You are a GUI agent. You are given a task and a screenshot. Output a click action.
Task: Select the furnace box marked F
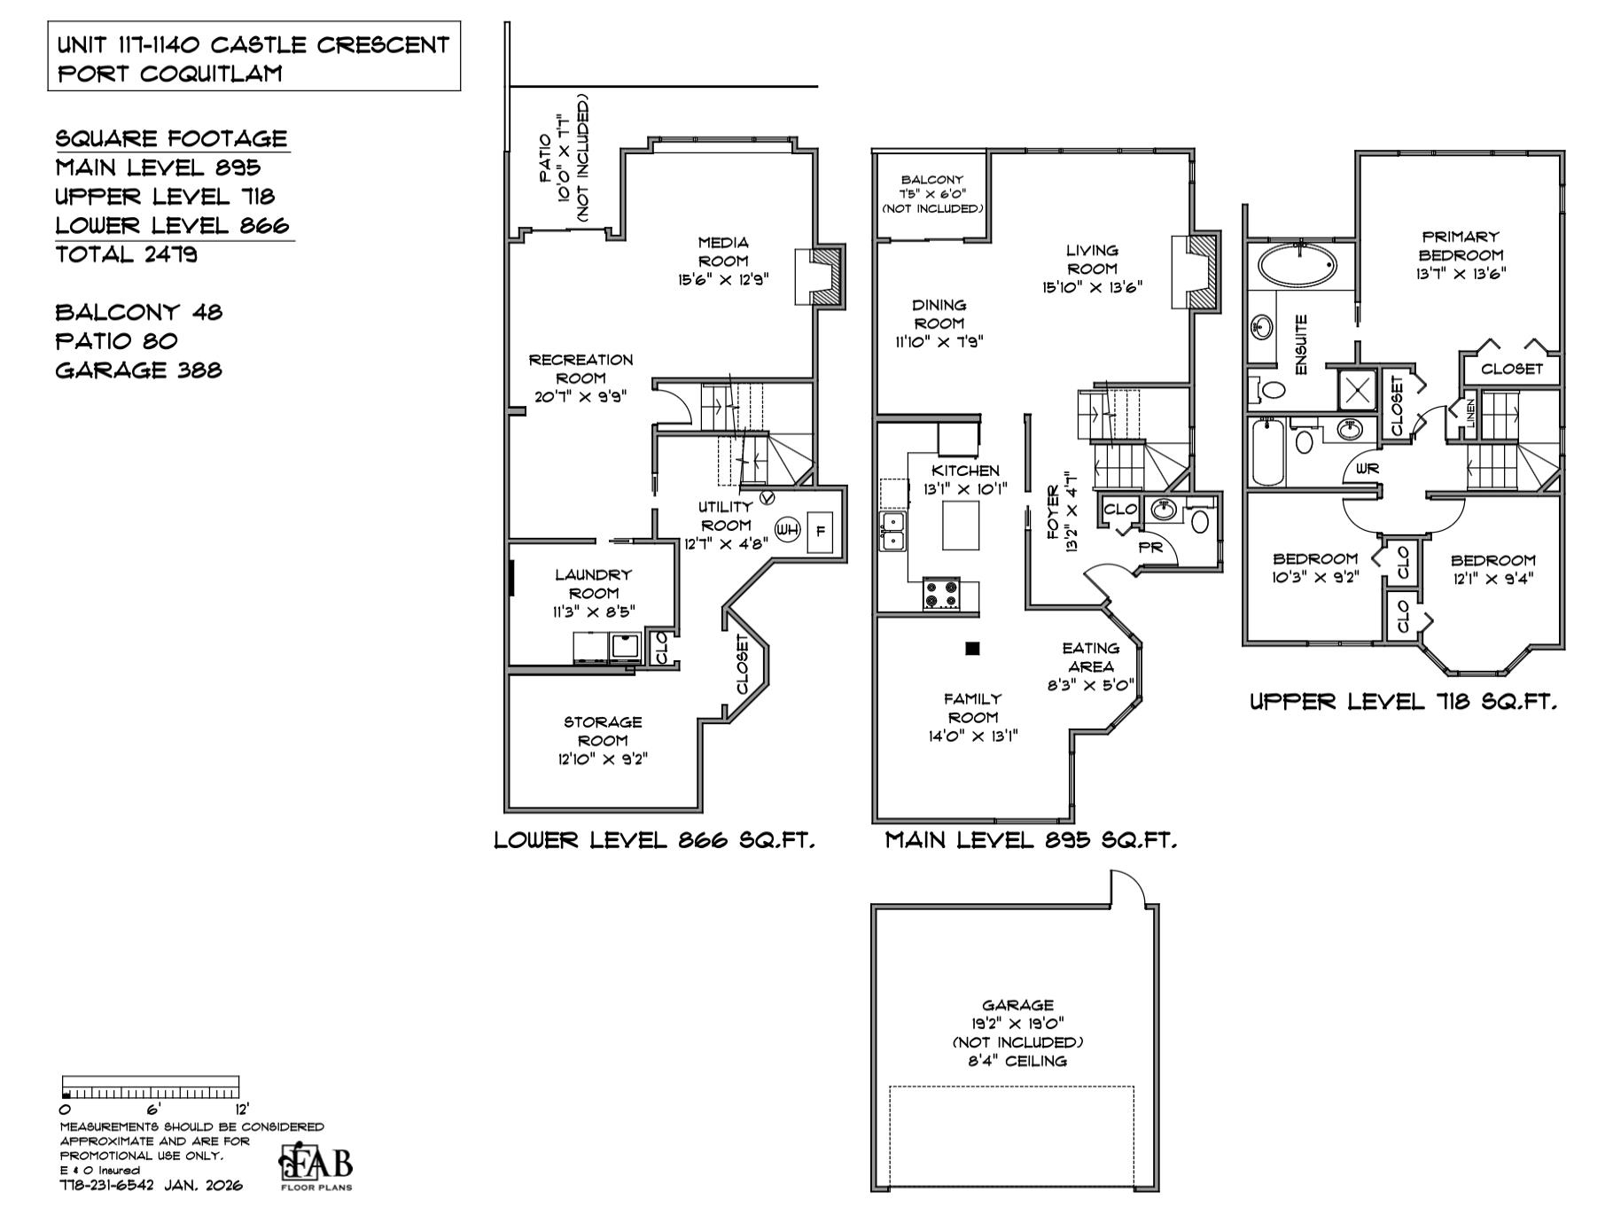820,532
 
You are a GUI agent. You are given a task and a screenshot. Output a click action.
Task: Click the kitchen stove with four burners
941,594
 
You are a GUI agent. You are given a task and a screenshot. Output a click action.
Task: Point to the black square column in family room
972,649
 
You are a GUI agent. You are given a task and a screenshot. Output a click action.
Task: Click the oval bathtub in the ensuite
1297,265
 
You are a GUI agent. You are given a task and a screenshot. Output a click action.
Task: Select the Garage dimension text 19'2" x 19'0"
1017,1024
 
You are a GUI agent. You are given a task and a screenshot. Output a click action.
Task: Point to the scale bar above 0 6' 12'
151,1087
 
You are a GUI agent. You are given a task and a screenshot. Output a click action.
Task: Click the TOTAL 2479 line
127,255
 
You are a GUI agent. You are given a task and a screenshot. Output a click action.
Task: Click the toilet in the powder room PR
1200,521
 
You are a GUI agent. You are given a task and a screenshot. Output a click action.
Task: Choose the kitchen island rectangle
961,526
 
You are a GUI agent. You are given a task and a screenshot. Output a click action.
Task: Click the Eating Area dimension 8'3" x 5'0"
1090,685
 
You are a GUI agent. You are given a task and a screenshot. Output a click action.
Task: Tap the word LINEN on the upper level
1470,412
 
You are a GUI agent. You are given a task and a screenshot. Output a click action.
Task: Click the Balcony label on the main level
932,180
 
